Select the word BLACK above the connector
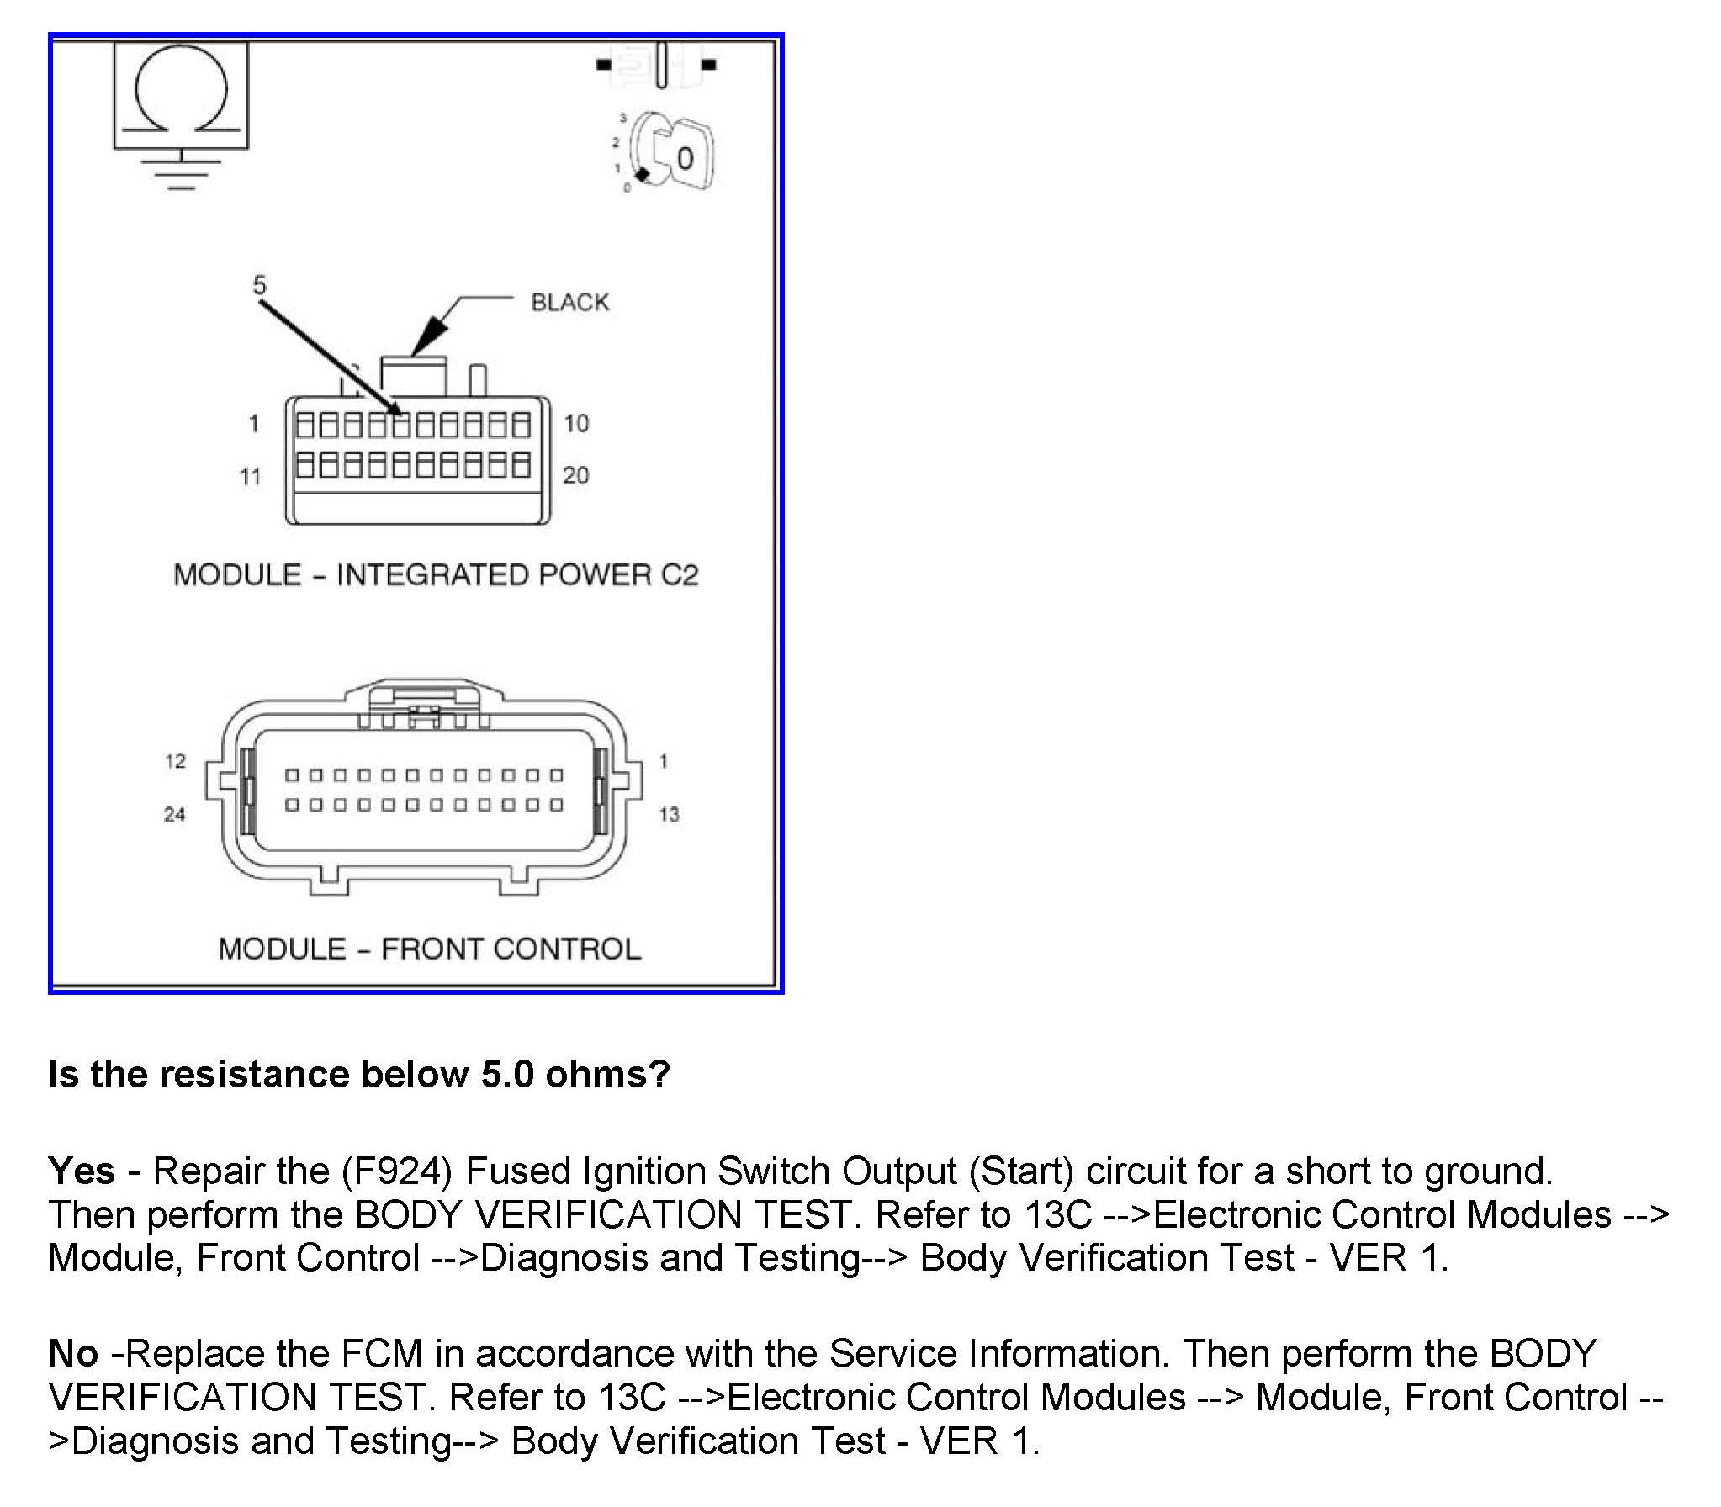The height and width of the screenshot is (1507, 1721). pyautogui.click(x=569, y=303)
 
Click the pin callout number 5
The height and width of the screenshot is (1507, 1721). pyautogui.click(x=259, y=285)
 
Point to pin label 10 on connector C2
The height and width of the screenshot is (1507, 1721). pyautogui.click(x=576, y=423)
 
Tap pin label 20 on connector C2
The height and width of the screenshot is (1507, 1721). pyautogui.click(x=576, y=475)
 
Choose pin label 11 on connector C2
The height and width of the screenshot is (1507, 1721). pyautogui.click(x=251, y=477)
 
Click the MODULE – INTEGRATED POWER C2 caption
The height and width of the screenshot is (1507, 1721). pyautogui.click(x=436, y=575)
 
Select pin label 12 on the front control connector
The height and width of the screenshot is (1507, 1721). pyautogui.click(x=175, y=761)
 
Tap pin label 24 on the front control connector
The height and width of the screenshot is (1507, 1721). pyautogui.click(x=174, y=814)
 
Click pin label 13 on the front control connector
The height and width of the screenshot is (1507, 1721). pyautogui.click(x=669, y=814)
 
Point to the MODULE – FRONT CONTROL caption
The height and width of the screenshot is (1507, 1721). pyautogui.click(x=429, y=949)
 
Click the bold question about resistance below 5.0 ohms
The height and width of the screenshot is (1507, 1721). pyautogui.click(x=359, y=1074)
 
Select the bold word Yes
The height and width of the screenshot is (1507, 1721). pyautogui.click(x=82, y=1171)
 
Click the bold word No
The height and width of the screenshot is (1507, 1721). pyautogui.click(x=73, y=1353)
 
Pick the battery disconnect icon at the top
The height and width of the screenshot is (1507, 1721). pyautogui.click(x=657, y=64)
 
